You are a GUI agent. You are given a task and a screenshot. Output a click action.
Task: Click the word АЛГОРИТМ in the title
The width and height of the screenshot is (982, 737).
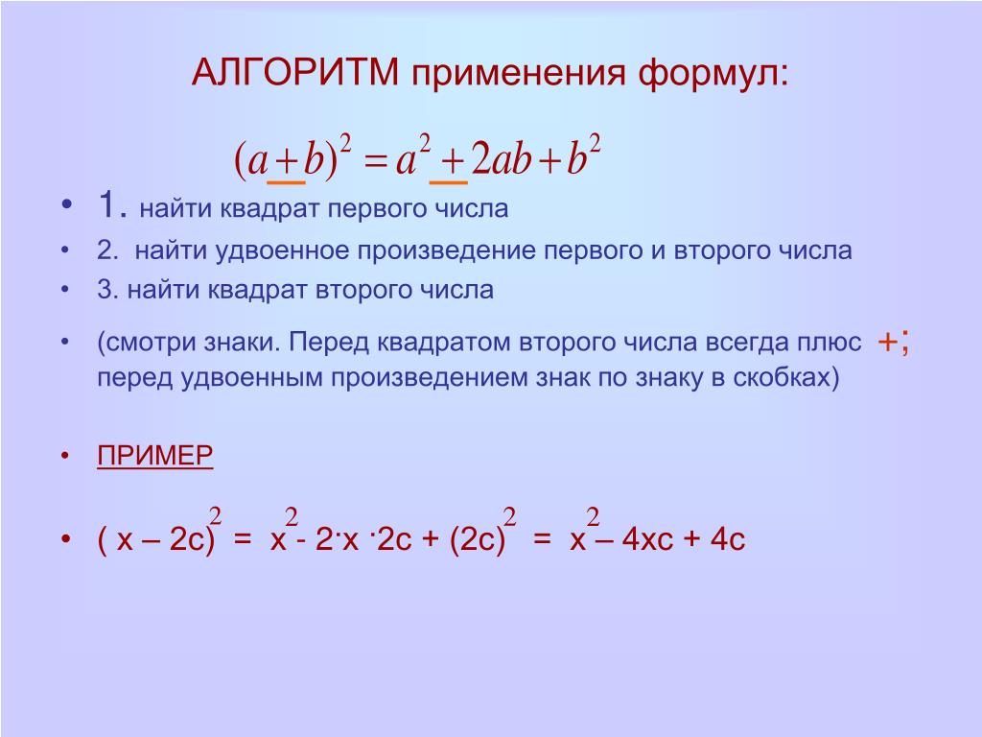click(x=295, y=72)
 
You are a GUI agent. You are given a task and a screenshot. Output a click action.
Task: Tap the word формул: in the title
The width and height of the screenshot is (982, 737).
click(x=713, y=74)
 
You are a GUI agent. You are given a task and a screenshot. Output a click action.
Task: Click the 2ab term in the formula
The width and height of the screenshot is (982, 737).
click(x=502, y=158)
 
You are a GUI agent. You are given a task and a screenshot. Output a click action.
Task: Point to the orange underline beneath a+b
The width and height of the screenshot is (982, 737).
click(x=286, y=182)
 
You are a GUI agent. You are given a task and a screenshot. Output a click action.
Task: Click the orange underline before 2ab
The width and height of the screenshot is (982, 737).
click(x=449, y=182)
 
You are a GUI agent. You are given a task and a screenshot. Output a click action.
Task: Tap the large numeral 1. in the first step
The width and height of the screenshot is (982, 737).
click(x=113, y=204)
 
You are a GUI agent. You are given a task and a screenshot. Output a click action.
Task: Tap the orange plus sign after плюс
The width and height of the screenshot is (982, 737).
click(x=887, y=343)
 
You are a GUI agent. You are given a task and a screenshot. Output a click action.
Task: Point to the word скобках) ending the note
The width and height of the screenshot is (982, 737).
click(x=786, y=378)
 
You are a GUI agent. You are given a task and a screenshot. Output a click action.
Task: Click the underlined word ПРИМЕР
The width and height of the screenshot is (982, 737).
click(x=154, y=455)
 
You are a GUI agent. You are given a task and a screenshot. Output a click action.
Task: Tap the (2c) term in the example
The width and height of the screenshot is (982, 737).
click(x=478, y=539)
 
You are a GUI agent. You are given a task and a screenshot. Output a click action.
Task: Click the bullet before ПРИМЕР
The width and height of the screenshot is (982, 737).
click(x=65, y=456)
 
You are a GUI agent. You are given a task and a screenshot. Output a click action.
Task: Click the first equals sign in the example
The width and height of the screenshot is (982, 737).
click(x=243, y=538)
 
